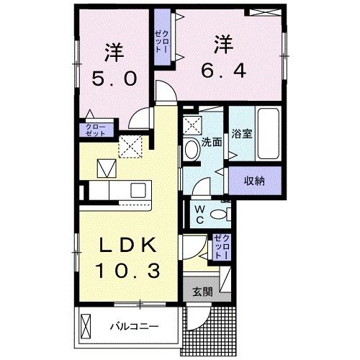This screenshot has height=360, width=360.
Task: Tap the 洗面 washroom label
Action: pos(211,143)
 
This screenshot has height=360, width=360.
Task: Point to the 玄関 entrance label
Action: pos(202,292)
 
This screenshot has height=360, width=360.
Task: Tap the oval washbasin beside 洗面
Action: pos(192,150)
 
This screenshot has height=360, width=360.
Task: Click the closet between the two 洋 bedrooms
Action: pos(161,40)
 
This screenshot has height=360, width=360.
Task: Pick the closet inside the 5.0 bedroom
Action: pos(96,130)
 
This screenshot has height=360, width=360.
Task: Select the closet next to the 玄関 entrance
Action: pos(220,248)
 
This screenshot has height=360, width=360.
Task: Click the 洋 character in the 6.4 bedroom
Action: pos(222,43)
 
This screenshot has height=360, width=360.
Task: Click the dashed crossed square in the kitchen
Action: pos(130,146)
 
